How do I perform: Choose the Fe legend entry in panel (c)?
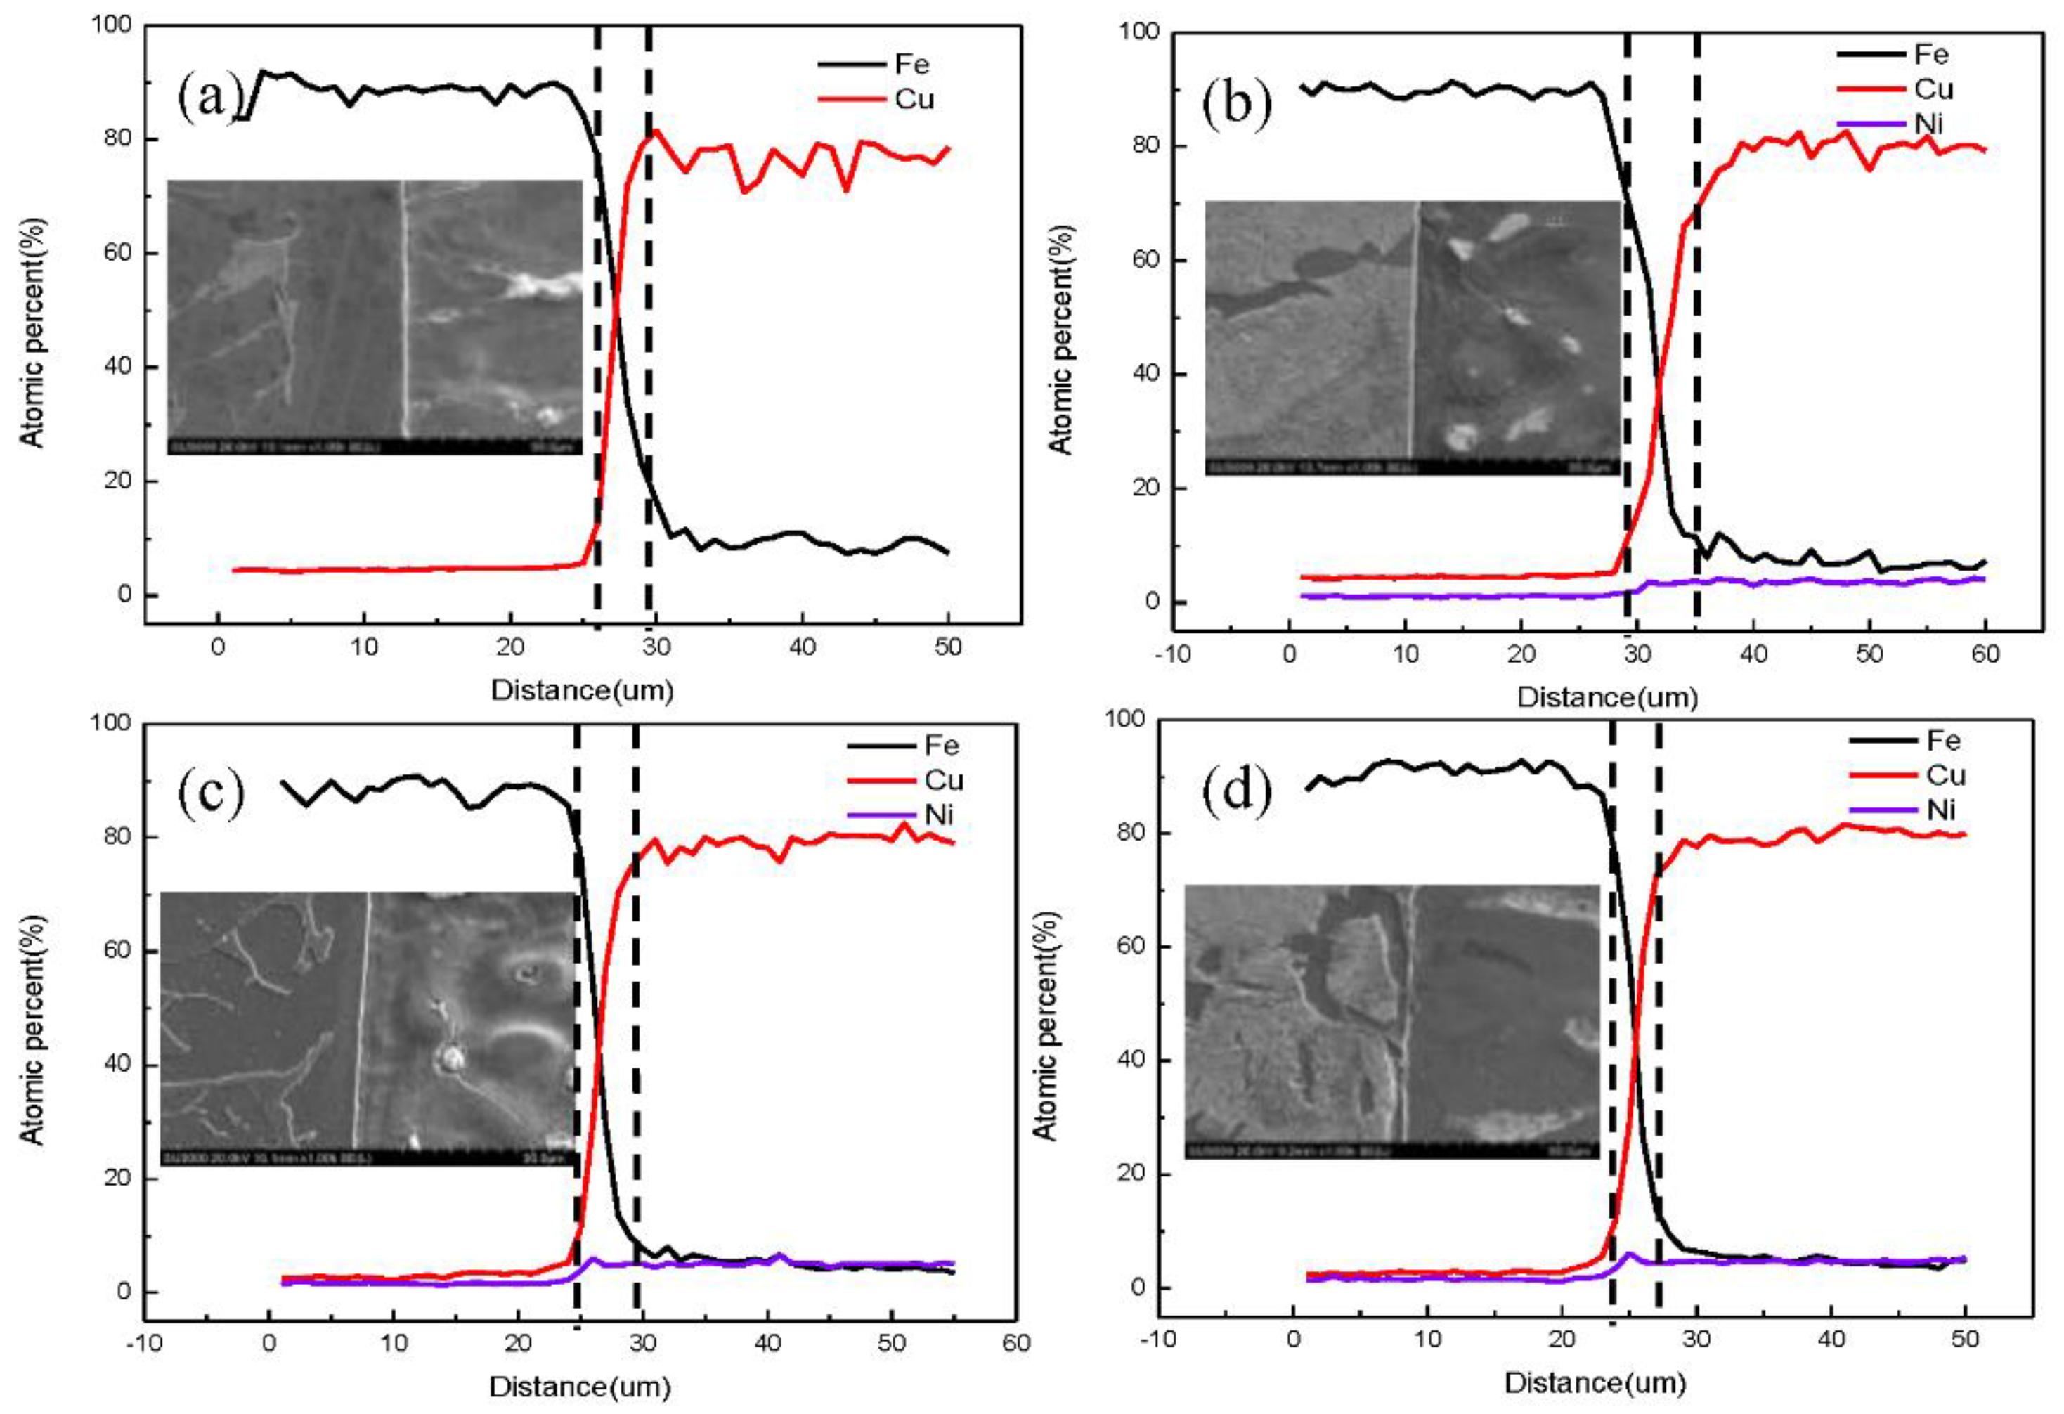point(942,745)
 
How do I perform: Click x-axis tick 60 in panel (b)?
point(1985,654)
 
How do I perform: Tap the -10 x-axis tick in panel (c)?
point(144,1343)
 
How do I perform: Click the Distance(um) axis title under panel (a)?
point(582,690)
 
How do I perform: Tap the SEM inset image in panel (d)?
point(1391,1021)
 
